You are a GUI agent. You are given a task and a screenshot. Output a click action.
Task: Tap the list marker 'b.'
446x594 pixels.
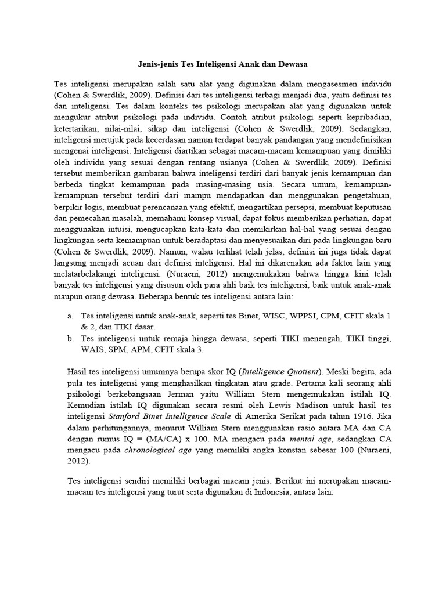(70, 338)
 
